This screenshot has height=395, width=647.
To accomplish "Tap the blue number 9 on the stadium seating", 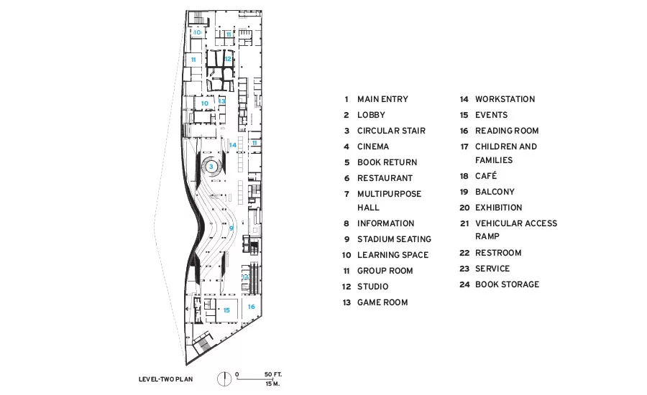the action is click(x=231, y=228).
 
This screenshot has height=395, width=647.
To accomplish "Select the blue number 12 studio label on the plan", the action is click(x=228, y=59).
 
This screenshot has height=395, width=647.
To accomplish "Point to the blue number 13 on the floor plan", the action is click(x=222, y=101).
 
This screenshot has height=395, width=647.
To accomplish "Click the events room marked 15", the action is click(x=226, y=310).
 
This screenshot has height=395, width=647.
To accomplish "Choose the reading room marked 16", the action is click(x=251, y=307).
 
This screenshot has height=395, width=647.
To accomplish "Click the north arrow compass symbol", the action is click(x=224, y=378).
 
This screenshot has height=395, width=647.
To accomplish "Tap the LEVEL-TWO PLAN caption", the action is click(x=165, y=379).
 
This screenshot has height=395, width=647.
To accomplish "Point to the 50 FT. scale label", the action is click(x=272, y=374).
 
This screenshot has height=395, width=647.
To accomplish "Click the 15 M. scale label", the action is click(x=272, y=384).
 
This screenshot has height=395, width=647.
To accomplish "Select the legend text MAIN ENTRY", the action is click(x=382, y=99).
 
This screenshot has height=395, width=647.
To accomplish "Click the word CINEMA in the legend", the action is click(x=373, y=147).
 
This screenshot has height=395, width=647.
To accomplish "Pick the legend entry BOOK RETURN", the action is click(x=387, y=162).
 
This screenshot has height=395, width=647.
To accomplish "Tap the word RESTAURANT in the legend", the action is click(x=385, y=178).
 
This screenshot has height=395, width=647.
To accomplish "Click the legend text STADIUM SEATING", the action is click(x=394, y=239).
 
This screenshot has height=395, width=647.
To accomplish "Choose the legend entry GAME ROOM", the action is click(x=382, y=302).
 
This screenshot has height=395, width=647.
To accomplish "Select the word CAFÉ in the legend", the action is click(x=486, y=176).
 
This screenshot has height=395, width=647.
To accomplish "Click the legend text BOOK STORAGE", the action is click(x=507, y=284).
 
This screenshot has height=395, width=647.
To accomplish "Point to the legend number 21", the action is click(x=464, y=223).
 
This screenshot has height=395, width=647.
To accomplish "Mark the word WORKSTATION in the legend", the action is click(x=505, y=99).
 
